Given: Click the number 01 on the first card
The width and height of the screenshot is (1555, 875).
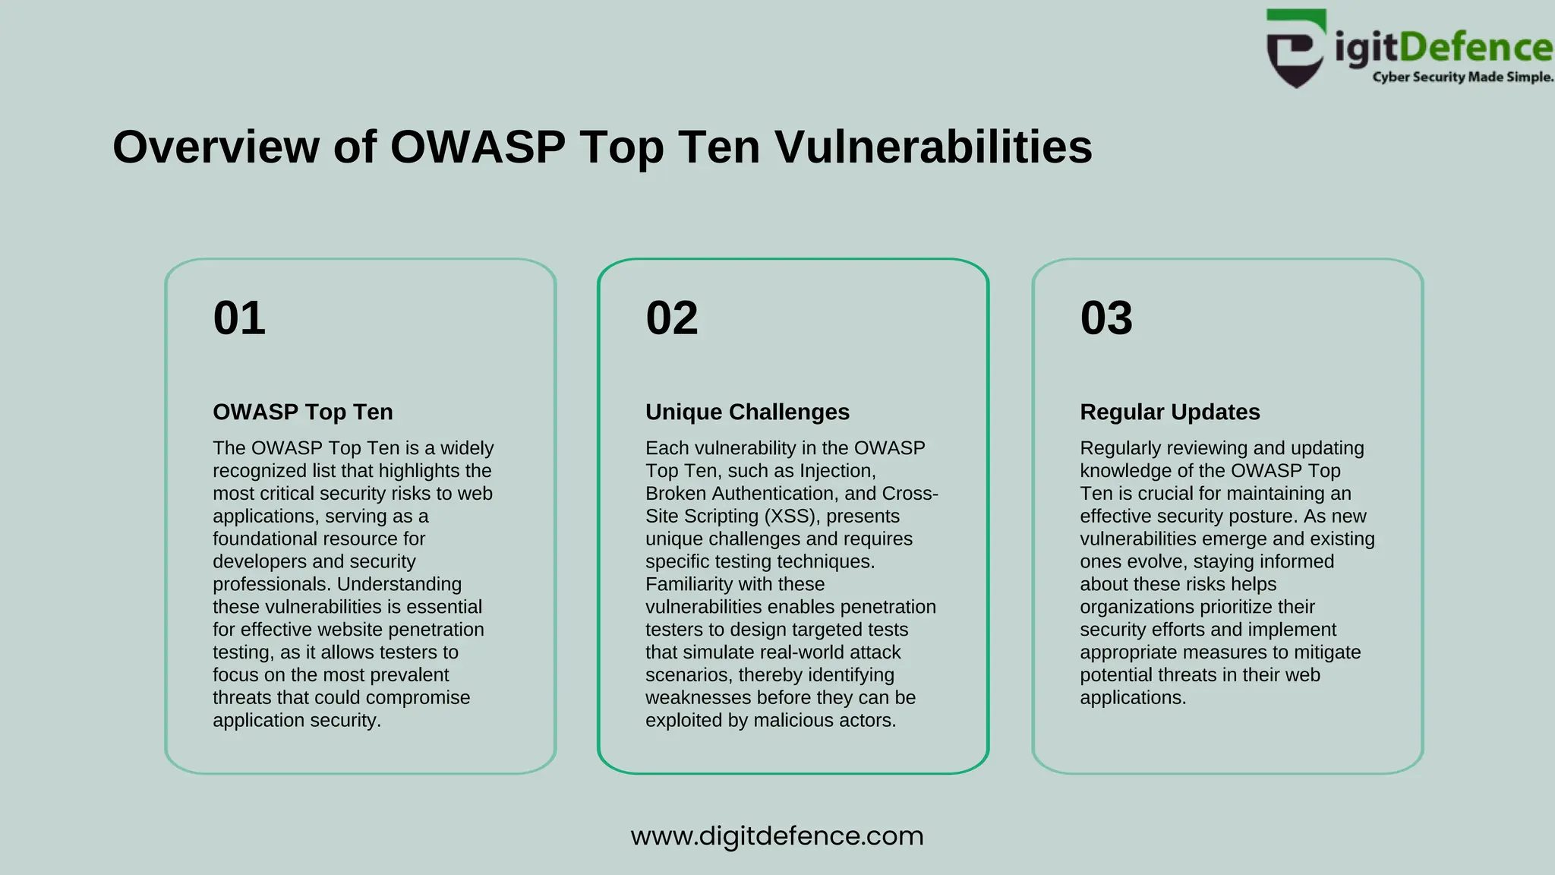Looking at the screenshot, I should tap(239, 317).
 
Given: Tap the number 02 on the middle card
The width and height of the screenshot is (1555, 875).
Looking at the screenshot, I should tap(672, 317).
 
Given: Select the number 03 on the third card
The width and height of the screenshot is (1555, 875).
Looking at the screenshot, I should tap(1106, 317).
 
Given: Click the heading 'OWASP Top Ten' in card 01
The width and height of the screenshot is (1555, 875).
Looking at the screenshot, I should tap(303, 412).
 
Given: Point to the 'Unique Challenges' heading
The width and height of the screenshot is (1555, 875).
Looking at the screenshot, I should tap(747, 412).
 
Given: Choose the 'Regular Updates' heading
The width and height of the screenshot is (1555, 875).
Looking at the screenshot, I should tap(1169, 412).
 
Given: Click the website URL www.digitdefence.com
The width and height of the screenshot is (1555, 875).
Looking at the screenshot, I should tap(777, 836).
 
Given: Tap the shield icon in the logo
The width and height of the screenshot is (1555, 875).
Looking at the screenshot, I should tap(1297, 49).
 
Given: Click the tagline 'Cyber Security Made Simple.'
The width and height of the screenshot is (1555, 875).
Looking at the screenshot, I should tap(1462, 77).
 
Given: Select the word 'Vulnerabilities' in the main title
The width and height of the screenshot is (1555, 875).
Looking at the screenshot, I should tap(933, 147).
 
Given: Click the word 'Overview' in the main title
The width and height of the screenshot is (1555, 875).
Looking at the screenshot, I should tap(216, 147).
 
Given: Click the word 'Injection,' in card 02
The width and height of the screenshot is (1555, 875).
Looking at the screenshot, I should tap(837, 471).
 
